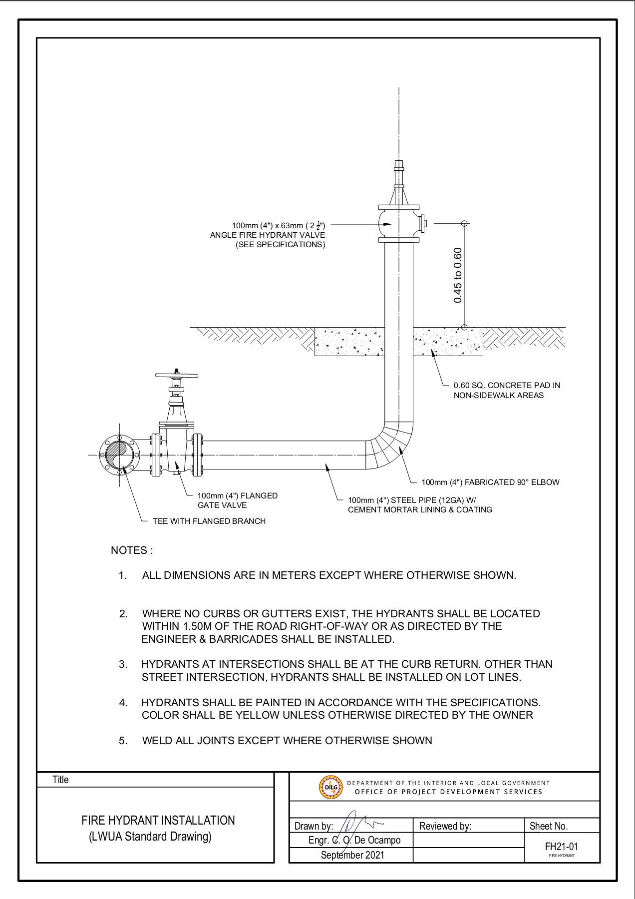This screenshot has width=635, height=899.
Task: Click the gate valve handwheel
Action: pyautogui.click(x=177, y=375)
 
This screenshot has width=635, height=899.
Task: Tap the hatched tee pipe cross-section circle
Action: pyautogui.click(x=119, y=455)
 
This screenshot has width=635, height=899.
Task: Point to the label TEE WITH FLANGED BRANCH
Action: pyautogui.click(x=209, y=521)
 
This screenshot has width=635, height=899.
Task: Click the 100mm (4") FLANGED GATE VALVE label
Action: pyautogui.click(x=237, y=500)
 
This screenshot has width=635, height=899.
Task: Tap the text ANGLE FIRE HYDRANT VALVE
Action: pyautogui.click(x=268, y=235)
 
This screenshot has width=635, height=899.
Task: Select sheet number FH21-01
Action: pyautogui.click(x=562, y=847)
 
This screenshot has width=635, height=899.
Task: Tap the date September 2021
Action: pyautogui.click(x=352, y=855)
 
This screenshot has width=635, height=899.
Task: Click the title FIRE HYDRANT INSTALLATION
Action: pyautogui.click(x=158, y=821)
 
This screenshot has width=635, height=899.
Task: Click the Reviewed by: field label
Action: pyautogui.click(x=445, y=826)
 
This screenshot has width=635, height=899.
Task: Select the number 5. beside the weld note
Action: pyautogui.click(x=123, y=740)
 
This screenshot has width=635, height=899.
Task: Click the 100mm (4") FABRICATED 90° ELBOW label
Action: pyautogui.click(x=490, y=482)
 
